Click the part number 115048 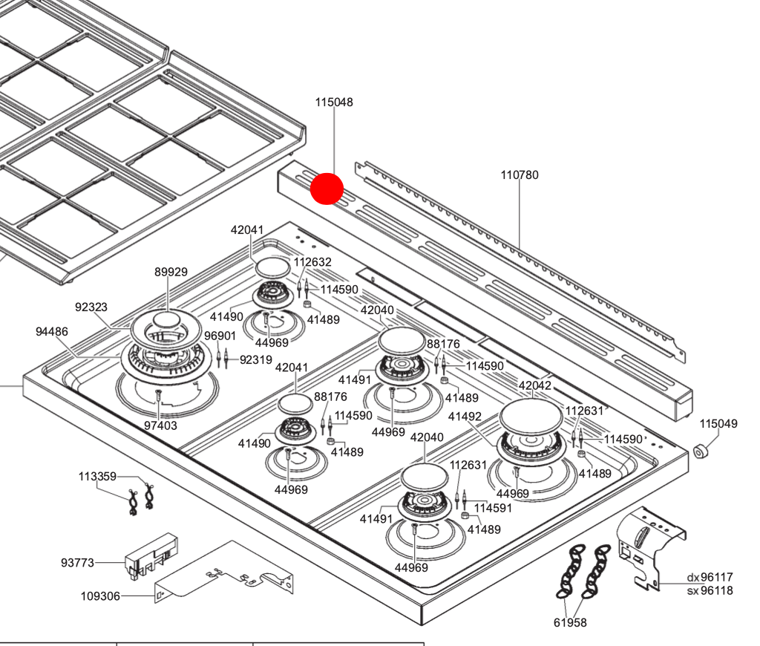tap(334, 102)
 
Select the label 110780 tap(520, 175)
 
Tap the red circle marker tap(327, 188)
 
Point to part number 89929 tap(171, 273)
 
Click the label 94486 tap(52, 332)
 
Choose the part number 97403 tap(160, 425)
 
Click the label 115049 tap(718, 424)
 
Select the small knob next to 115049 tap(701, 451)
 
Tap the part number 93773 tap(77, 563)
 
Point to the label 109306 tap(100, 596)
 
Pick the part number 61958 tap(570, 622)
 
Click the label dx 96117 tap(710, 577)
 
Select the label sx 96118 tap(710, 591)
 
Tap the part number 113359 tap(97, 477)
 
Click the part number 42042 tap(535, 385)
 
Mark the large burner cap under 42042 tap(531, 418)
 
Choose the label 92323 tap(91, 307)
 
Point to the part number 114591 tap(493, 508)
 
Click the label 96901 tap(220, 336)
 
